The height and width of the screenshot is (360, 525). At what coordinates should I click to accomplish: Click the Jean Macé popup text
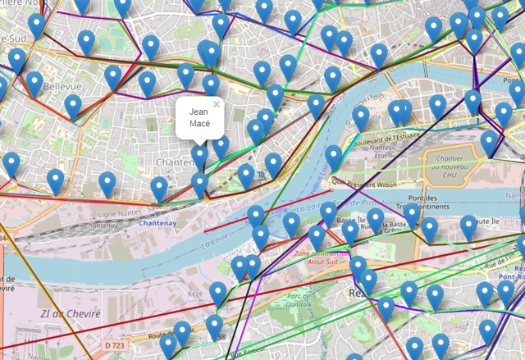coord(199,117)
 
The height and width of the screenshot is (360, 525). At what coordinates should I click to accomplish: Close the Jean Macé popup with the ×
coord(217,104)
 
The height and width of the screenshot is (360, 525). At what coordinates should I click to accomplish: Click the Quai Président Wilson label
coord(367,184)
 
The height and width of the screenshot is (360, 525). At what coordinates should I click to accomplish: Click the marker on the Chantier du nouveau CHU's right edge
coord(489,141)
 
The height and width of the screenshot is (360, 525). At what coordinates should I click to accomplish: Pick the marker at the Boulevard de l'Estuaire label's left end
coord(361,117)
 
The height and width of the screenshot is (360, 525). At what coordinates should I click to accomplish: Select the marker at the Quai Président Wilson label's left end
coord(334,155)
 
